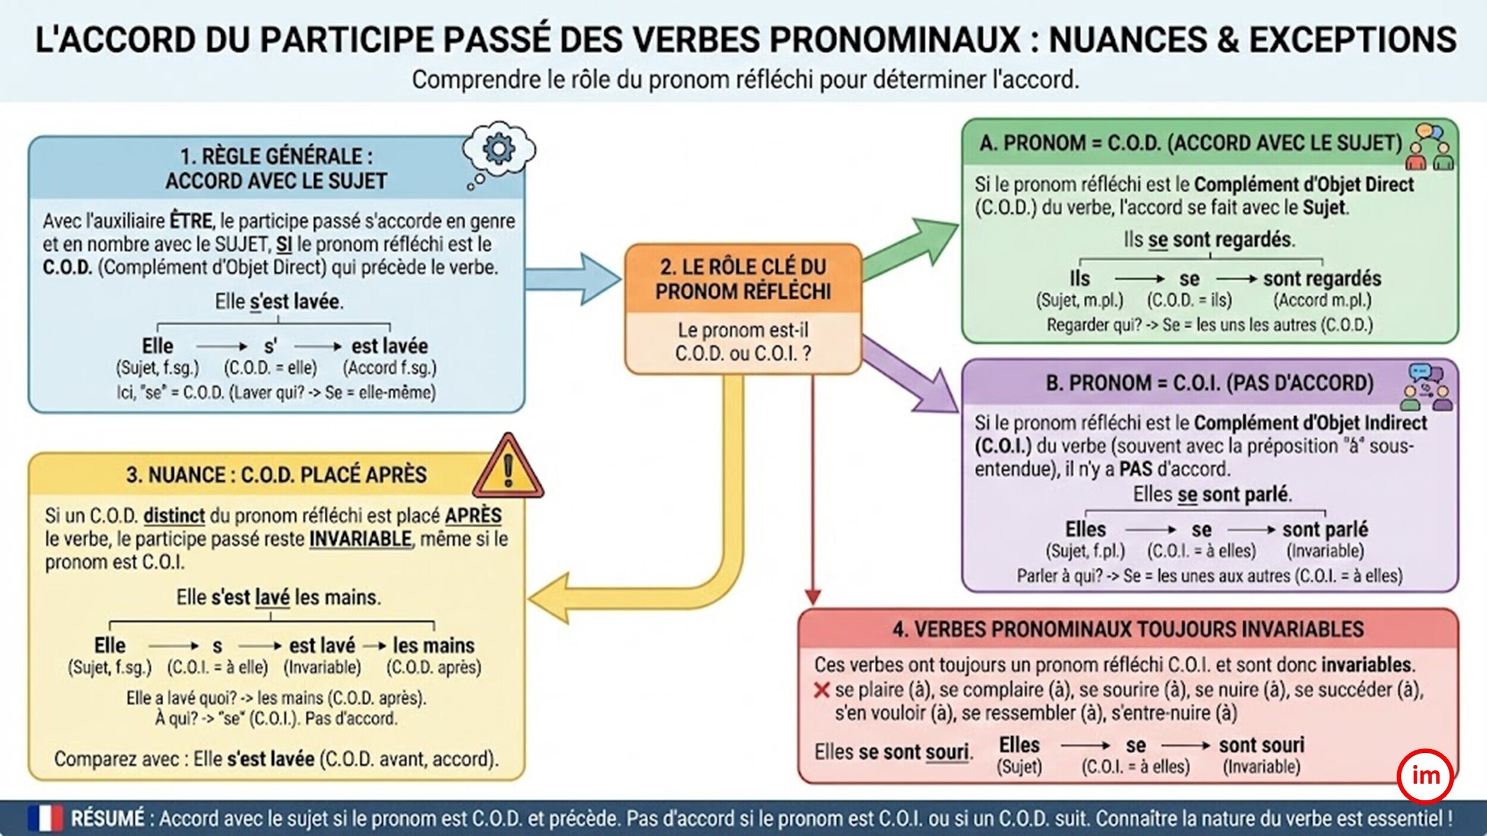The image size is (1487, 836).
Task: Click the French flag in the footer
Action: click(x=45, y=819)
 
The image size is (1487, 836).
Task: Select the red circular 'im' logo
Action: click(x=1426, y=776)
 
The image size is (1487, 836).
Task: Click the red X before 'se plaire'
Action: click(x=821, y=690)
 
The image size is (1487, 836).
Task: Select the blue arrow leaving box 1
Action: click(x=573, y=278)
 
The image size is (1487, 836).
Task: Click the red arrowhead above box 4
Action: click(x=812, y=597)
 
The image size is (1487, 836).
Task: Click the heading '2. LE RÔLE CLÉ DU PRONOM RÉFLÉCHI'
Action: click(x=743, y=279)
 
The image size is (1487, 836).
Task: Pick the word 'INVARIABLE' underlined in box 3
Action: click(x=360, y=539)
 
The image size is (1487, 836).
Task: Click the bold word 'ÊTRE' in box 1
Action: click(x=191, y=221)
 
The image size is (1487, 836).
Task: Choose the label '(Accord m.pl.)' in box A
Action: click(x=1322, y=300)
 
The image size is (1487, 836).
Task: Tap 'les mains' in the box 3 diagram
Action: click(x=434, y=645)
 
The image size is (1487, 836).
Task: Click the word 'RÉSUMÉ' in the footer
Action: click(x=108, y=819)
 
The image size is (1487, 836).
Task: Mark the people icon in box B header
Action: click(x=1427, y=388)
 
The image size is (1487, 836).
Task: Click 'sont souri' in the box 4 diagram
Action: click(x=1262, y=745)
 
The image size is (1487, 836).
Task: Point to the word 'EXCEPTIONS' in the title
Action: click(x=1353, y=40)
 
